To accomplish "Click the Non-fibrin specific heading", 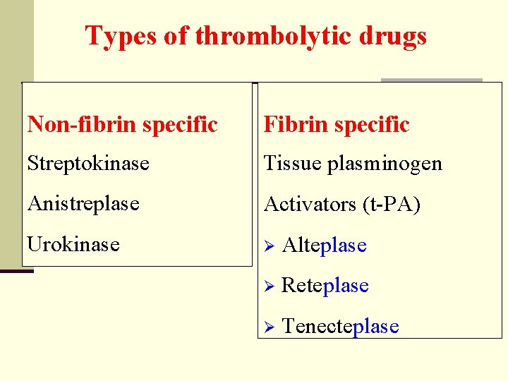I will (122, 125).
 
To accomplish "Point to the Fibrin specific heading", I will (337, 125).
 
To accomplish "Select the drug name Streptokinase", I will (88, 164).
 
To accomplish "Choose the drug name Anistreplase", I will (83, 204).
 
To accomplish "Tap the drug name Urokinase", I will (73, 244).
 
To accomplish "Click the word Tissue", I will (292, 164).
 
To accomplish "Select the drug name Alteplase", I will (324, 245).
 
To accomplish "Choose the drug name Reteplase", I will (325, 285).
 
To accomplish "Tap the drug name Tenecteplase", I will (340, 326).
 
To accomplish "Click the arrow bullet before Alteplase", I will (267, 246).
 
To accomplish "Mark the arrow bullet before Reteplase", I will (267, 286).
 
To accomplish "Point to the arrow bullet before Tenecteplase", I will (267, 327).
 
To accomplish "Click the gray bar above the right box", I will (431, 80).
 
